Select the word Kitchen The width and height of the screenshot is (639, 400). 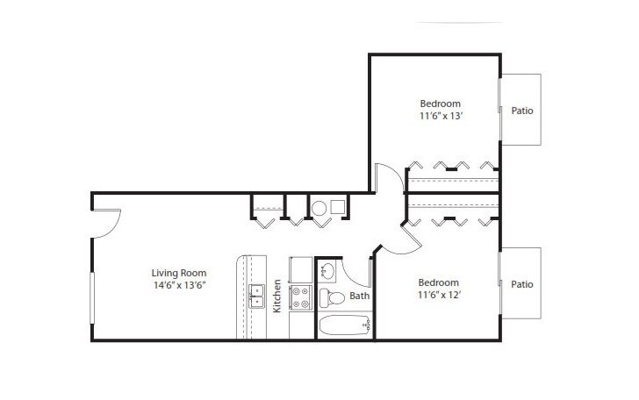(x=277, y=296)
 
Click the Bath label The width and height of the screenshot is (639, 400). (x=360, y=296)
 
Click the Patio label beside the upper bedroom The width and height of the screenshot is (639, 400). (x=522, y=111)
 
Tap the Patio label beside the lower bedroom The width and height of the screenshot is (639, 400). (x=522, y=284)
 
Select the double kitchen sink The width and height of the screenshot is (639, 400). (x=257, y=296)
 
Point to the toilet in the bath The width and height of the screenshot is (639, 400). (x=330, y=296)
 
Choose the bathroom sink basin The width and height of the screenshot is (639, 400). (x=327, y=269)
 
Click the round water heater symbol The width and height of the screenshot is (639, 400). (x=319, y=208)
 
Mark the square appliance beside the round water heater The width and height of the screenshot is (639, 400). (x=338, y=208)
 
